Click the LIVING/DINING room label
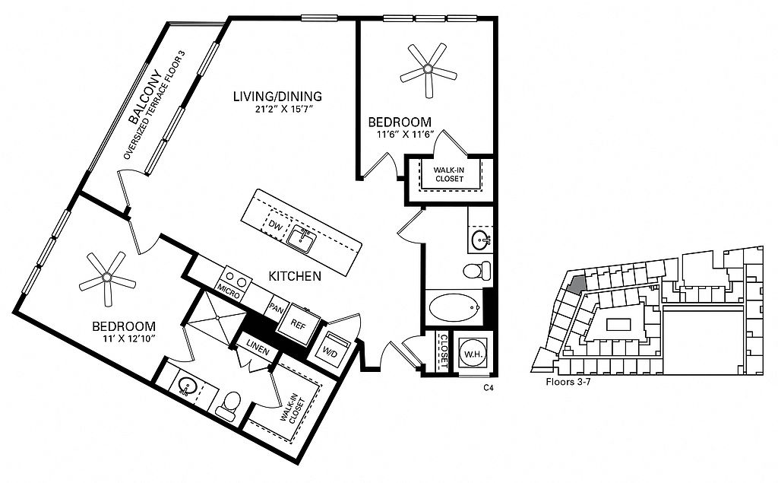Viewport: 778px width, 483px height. coord(277,97)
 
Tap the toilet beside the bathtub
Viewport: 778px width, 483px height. coord(477,270)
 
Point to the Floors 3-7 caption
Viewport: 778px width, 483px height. coord(571,382)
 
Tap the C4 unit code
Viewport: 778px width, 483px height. coord(489,388)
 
